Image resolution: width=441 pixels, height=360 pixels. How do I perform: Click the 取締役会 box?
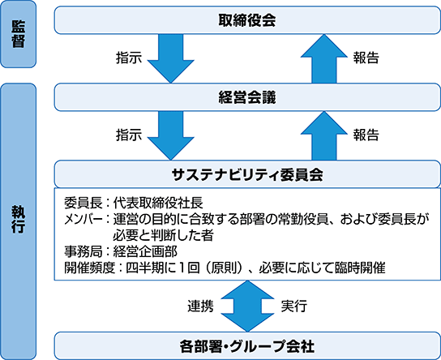(247, 20)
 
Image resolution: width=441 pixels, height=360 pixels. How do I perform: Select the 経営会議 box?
(247, 97)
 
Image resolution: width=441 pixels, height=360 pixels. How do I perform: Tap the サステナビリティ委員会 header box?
(247, 174)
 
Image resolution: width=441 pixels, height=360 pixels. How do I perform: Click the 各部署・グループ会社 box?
(247, 345)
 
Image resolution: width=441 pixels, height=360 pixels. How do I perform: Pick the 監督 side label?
(19, 34)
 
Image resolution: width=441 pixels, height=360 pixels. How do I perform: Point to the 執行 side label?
(19, 221)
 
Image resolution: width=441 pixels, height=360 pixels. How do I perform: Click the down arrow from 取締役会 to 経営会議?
(171, 58)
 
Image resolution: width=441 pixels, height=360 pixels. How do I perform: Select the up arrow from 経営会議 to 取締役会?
(324, 58)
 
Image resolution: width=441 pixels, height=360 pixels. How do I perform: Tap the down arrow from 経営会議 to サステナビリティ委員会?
(171, 135)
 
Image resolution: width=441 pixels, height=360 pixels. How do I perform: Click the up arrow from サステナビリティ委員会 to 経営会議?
(324, 135)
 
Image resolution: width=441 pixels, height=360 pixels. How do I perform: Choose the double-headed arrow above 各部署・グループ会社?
(247, 306)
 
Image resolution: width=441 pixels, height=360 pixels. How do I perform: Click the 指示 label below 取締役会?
(129, 58)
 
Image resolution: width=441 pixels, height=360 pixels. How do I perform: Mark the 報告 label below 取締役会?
(366, 58)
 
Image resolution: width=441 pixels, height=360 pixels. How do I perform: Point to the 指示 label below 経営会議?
(129, 135)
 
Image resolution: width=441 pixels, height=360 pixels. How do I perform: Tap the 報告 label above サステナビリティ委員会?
(366, 135)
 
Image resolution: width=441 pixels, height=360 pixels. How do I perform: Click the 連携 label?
(200, 306)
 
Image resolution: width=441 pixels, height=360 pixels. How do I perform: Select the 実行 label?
(294, 306)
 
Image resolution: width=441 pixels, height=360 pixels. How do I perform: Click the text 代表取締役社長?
(158, 203)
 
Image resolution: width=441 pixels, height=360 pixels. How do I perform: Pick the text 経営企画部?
(145, 251)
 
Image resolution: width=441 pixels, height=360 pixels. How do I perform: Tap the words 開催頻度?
(90, 268)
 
